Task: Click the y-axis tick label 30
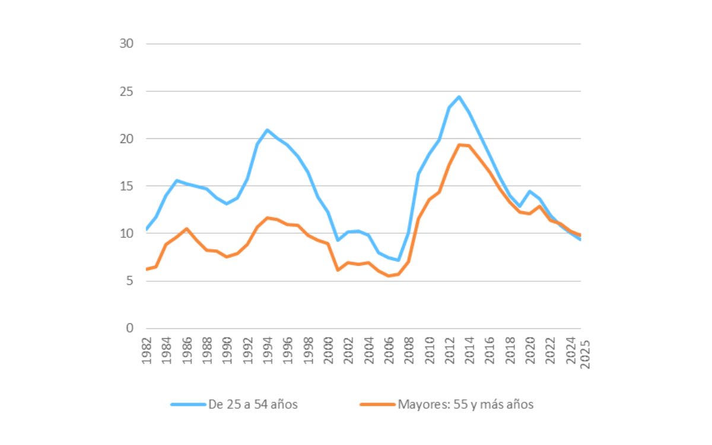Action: click(126, 44)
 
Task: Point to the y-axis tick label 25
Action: click(126, 91)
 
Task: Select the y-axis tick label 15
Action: click(126, 186)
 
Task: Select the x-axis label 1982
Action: click(147, 352)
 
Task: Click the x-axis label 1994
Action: click(268, 352)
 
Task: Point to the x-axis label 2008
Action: click(409, 352)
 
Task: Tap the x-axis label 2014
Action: click(469, 352)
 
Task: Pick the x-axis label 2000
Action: click(328, 352)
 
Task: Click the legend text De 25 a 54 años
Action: click(253, 405)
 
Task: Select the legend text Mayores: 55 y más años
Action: click(466, 405)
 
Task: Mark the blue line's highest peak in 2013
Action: click(459, 97)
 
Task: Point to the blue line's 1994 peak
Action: click(268, 130)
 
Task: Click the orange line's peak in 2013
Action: click(459, 145)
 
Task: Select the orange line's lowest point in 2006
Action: click(389, 276)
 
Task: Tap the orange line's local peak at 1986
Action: click(187, 228)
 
